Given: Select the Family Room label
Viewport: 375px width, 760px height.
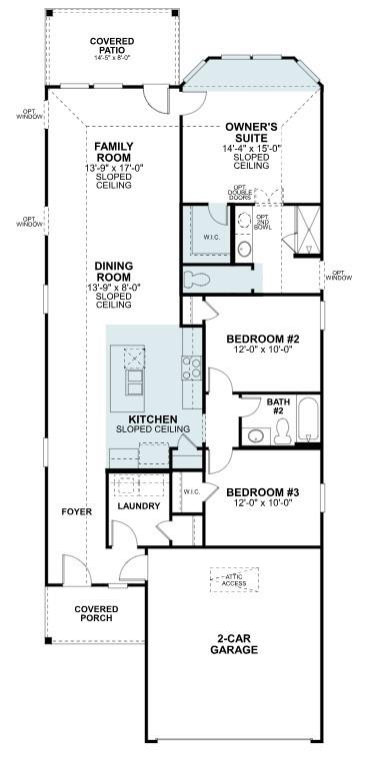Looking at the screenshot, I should (x=114, y=153).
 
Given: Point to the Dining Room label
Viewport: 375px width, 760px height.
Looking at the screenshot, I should (x=114, y=272).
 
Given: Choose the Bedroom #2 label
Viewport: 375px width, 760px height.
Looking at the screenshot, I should (x=259, y=339).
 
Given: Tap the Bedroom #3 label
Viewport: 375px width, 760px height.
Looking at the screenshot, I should (x=259, y=492).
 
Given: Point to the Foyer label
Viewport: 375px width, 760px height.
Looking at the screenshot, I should (x=76, y=511).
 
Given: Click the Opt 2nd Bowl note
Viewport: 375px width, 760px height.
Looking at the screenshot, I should (x=263, y=223).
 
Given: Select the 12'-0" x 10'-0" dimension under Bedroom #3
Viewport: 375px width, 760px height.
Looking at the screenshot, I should (x=259, y=503).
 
